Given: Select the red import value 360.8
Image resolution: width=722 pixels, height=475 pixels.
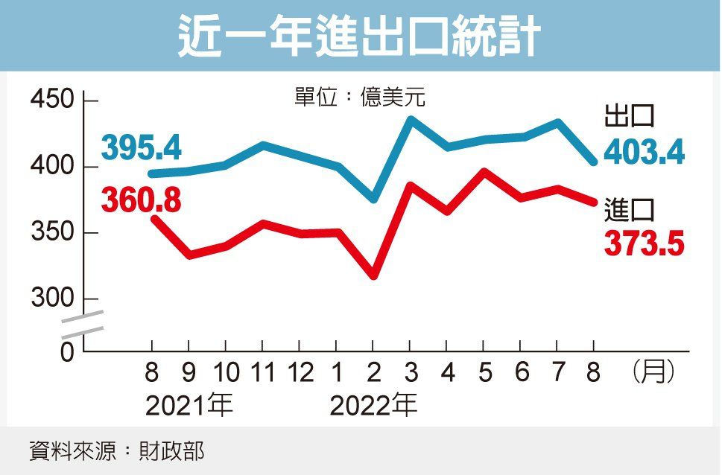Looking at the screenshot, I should [x=142, y=200].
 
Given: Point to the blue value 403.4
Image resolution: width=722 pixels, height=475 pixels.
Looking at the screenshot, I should [x=645, y=153].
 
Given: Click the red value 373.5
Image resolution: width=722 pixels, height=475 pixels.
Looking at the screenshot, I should [x=645, y=244].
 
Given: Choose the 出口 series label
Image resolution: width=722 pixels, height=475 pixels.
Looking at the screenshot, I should [x=630, y=118].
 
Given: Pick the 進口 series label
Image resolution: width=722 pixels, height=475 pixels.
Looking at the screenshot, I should [x=630, y=211].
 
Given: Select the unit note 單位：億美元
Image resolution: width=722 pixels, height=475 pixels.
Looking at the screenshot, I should [x=360, y=98].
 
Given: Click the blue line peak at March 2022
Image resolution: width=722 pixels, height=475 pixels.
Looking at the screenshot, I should [x=411, y=119].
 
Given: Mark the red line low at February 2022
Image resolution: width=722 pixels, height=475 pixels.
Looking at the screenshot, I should [x=373, y=275].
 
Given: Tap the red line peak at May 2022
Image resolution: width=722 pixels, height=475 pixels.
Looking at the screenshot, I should [x=484, y=172].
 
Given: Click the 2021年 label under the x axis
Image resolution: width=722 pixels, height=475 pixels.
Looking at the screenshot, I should [x=189, y=406].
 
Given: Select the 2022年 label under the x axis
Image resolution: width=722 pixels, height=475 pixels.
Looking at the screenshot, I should [x=373, y=406].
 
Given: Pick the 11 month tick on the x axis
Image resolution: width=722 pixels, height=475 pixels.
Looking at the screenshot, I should [x=262, y=373].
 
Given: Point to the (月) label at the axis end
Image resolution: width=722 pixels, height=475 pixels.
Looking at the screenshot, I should [x=653, y=372].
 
